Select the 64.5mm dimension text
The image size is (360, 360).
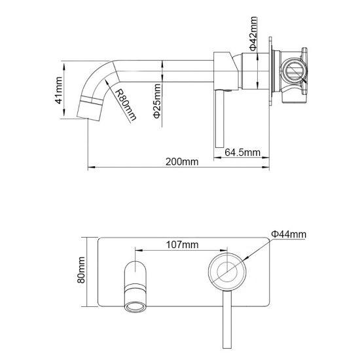coord(242,152)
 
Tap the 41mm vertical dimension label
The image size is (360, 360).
coord(58,91)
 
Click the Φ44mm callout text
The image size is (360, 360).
coord(289,234)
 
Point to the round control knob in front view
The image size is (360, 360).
coord(226,271)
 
